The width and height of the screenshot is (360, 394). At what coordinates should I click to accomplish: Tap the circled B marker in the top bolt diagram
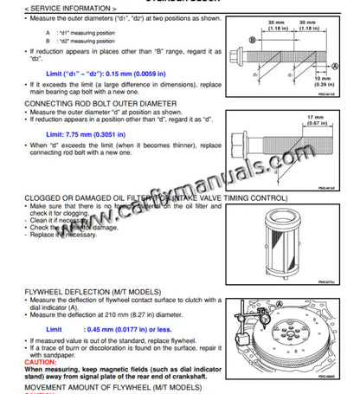[x=251, y=40]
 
